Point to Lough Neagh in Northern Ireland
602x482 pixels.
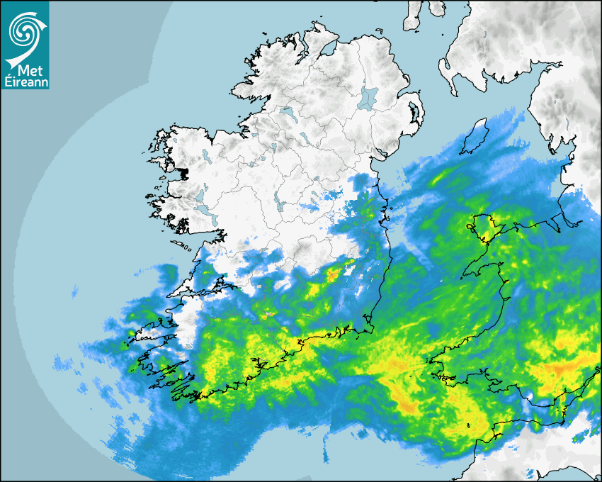368,97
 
